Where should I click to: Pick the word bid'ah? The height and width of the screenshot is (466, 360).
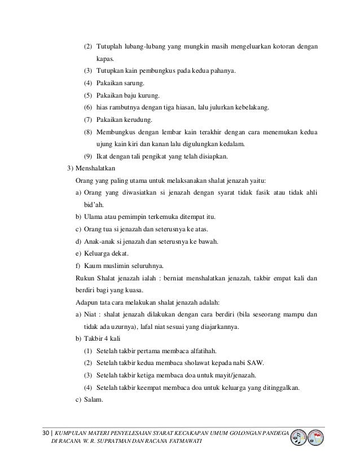(93, 205)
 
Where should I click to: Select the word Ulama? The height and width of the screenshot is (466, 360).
(92, 217)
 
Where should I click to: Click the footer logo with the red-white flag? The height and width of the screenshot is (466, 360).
(317, 437)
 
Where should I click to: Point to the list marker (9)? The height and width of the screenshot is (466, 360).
(88, 156)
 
